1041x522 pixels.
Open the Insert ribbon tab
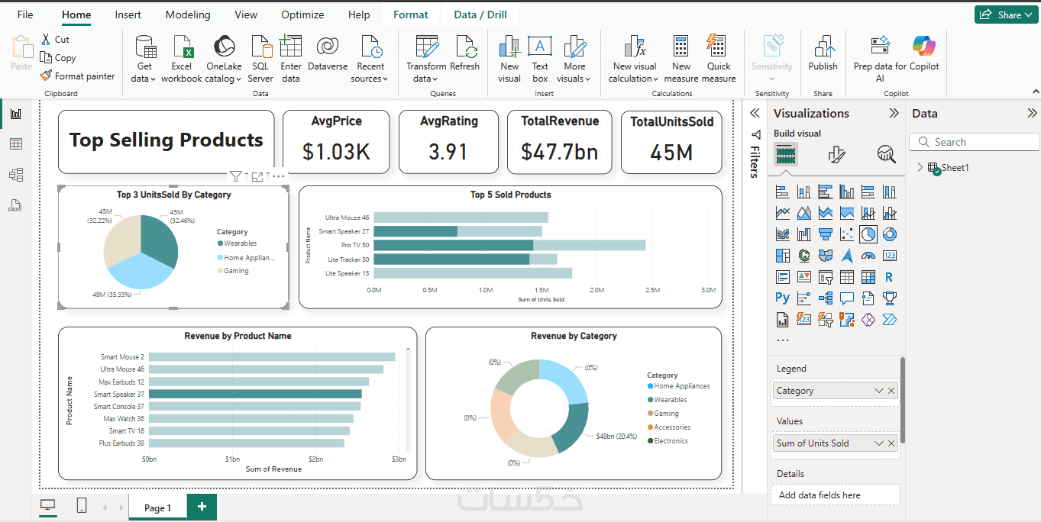128,14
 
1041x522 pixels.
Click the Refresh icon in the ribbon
464,55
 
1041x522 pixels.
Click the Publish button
823,55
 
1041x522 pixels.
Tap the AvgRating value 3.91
448,152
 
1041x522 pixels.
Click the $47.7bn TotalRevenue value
559,152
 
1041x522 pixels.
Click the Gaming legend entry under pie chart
236,271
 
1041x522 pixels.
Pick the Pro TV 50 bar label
354,245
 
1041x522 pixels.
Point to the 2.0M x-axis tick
597,290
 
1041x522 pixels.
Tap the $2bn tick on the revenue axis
315,459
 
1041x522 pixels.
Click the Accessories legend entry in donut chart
671,427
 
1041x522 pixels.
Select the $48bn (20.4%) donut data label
616,437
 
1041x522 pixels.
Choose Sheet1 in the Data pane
955,168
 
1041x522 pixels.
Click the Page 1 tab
157,507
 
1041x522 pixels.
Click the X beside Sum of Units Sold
891,443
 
